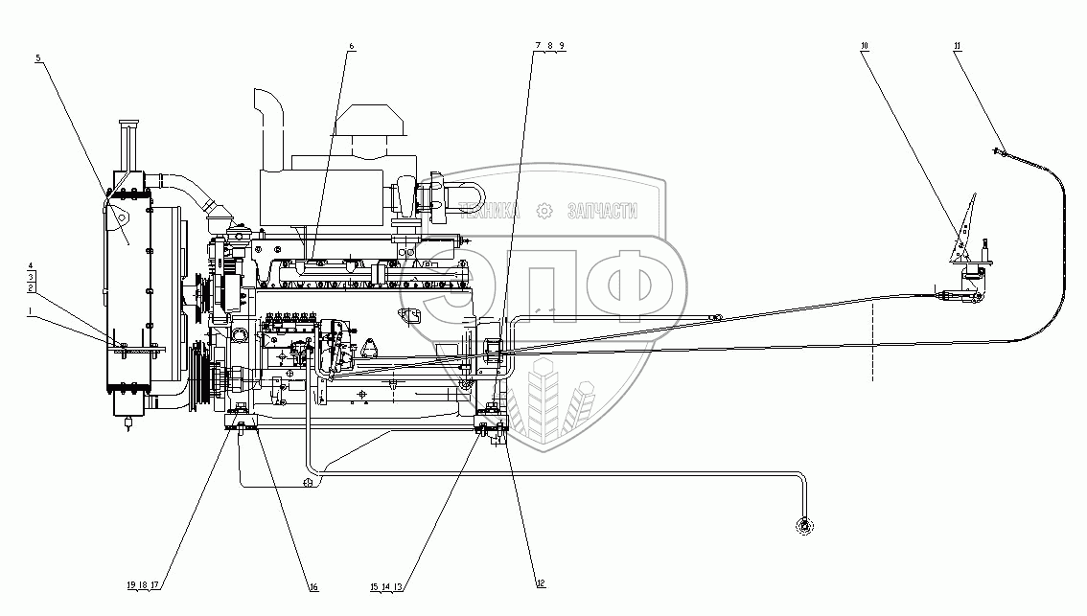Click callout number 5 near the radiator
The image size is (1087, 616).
click(x=37, y=58)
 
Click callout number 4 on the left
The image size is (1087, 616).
click(x=31, y=263)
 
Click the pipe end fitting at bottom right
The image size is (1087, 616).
click(x=803, y=524)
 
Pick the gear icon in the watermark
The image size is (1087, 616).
click(x=543, y=211)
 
